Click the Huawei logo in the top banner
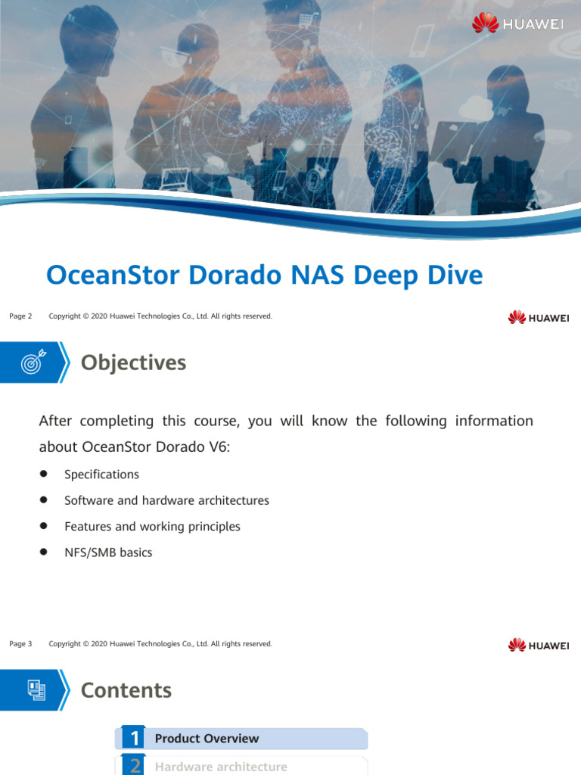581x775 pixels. (x=518, y=23)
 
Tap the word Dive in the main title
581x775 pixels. (x=452, y=275)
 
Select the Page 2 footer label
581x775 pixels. (x=20, y=316)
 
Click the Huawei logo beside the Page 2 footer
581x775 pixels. (x=539, y=317)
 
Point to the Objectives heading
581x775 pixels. (x=133, y=363)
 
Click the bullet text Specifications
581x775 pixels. (x=101, y=475)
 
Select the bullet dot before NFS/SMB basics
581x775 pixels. (x=44, y=552)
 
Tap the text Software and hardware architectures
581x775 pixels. (x=166, y=500)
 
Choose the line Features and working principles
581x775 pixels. (x=152, y=526)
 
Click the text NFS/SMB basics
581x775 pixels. (x=108, y=552)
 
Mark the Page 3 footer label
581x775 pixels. (x=20, y=644)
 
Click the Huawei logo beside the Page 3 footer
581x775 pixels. (x=539, y=645)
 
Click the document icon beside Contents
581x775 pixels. (x=36, y=689)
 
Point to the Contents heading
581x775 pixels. (x=126, y=690)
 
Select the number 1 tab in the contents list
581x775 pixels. (x=135, y=739)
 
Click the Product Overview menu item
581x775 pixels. (x=207, y=739)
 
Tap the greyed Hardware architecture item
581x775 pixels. (x=221, y=767)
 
